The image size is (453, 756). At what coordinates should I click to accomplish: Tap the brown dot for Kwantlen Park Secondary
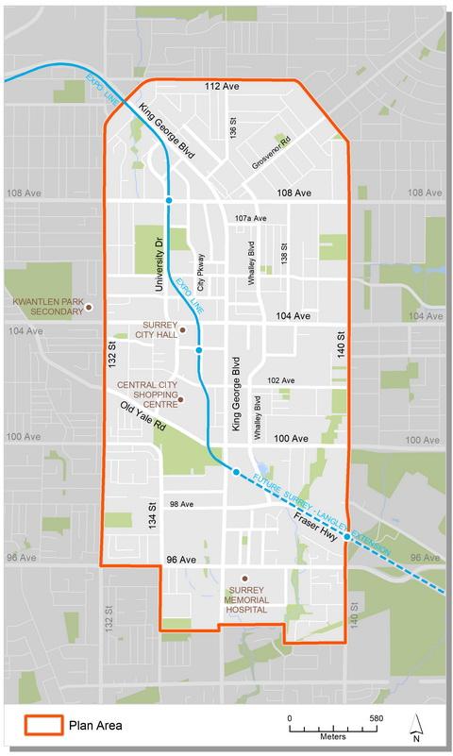pyautogui.click(x=89, y=307)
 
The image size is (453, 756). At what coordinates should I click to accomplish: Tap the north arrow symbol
pyautogui.click(x=416, y=723)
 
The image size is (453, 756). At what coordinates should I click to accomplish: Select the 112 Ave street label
pyautogui.click(x=219, y=86)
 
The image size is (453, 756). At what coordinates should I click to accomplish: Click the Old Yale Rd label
pyautogui.click(x=139, y=414)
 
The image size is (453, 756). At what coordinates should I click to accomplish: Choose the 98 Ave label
pyautogui.click(x=181, y=504)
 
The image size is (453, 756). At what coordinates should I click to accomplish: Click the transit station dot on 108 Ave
pyautogui.click(x=169, y=201)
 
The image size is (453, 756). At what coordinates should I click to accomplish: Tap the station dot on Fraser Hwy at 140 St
pyautogui.click(x=347, y=537)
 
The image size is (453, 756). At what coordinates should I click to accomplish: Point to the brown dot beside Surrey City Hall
pyautogui.click(x=183, y=330)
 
